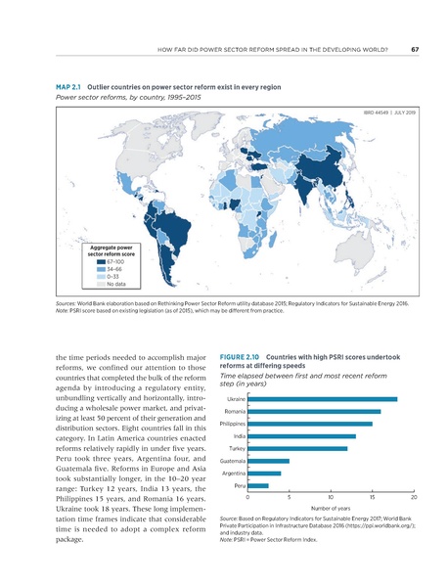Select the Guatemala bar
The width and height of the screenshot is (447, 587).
pos(269,461)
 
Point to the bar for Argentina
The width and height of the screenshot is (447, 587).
pos(264,474)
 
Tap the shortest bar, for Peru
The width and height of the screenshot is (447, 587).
pos(258,485)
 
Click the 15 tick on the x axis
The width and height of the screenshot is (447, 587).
pos(373,498)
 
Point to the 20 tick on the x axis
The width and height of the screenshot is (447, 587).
pos(414,498)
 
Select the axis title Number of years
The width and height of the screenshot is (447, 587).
pos(331,510)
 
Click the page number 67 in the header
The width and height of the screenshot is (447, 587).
pos(415,51)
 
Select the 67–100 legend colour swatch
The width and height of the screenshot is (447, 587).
pos(101,262)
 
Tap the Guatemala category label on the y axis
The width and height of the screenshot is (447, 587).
pos(232,461)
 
